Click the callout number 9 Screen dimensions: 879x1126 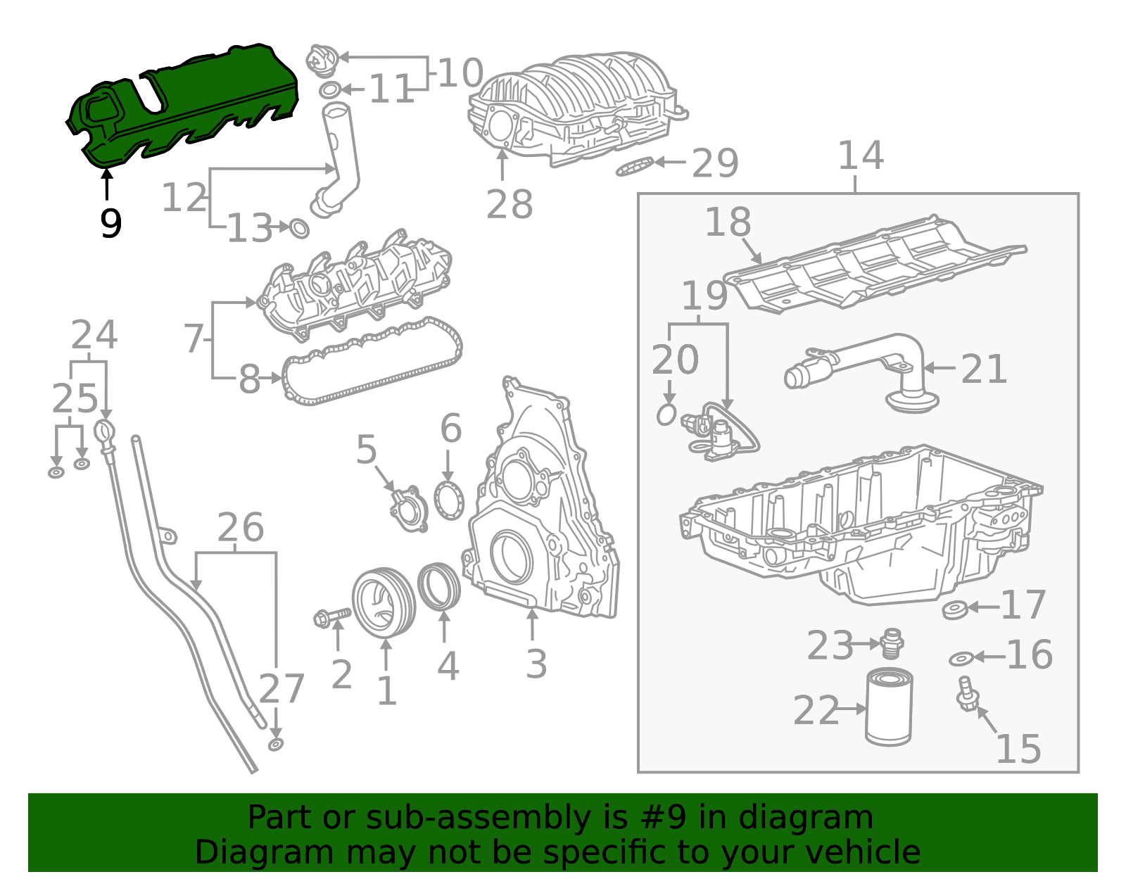(x=110, y=224)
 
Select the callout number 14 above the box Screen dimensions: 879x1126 (x=860, y=156)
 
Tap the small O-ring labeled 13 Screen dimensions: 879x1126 (x=300, y=229)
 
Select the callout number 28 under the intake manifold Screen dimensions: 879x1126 (x=510, y=205)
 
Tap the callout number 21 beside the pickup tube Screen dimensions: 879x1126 (x=983, y=369)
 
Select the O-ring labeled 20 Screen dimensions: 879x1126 (x=666, y=415)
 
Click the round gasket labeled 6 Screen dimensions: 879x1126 (x=449, y=500)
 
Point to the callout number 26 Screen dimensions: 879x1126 (x=241, y=528)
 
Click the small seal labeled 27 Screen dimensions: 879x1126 (x=276, y=745)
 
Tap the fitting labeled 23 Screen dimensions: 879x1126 (x=892, y=642)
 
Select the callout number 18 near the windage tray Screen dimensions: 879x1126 (x=728, y=222)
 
